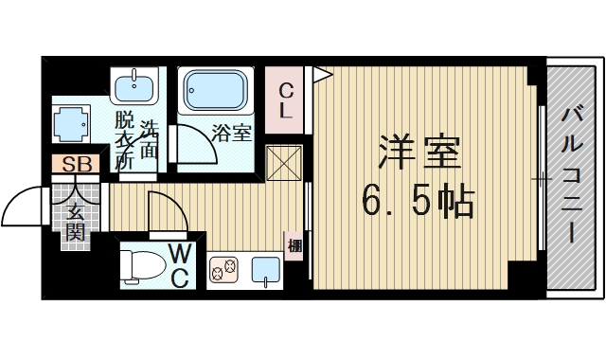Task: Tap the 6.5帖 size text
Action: click(x=418, y=201)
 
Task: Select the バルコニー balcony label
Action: click(x=573, y=174)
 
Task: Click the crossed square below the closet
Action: click(x=284, y=163)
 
